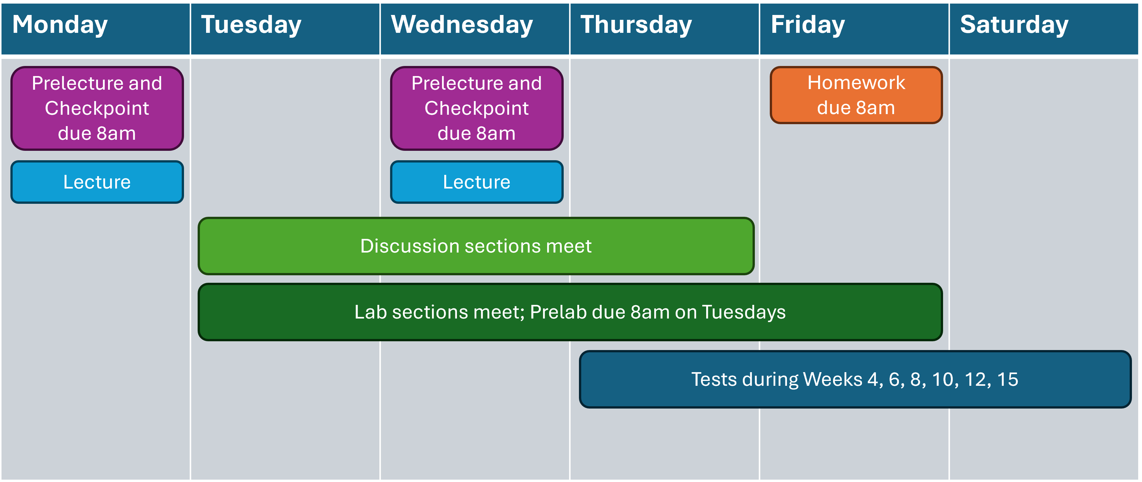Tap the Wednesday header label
point(461,25)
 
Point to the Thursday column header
point(636,25)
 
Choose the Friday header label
point(808,25)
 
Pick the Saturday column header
point(1014,25)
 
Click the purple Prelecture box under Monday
point(97,108)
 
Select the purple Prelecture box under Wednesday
point(477,108)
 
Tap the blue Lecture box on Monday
point(97,182)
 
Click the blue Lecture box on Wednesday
point(477,182)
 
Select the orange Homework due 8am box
point(856,95)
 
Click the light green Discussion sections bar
point(476,246)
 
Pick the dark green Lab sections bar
point(570,312)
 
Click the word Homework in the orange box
point(856,83)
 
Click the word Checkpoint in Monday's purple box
point(97,108)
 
